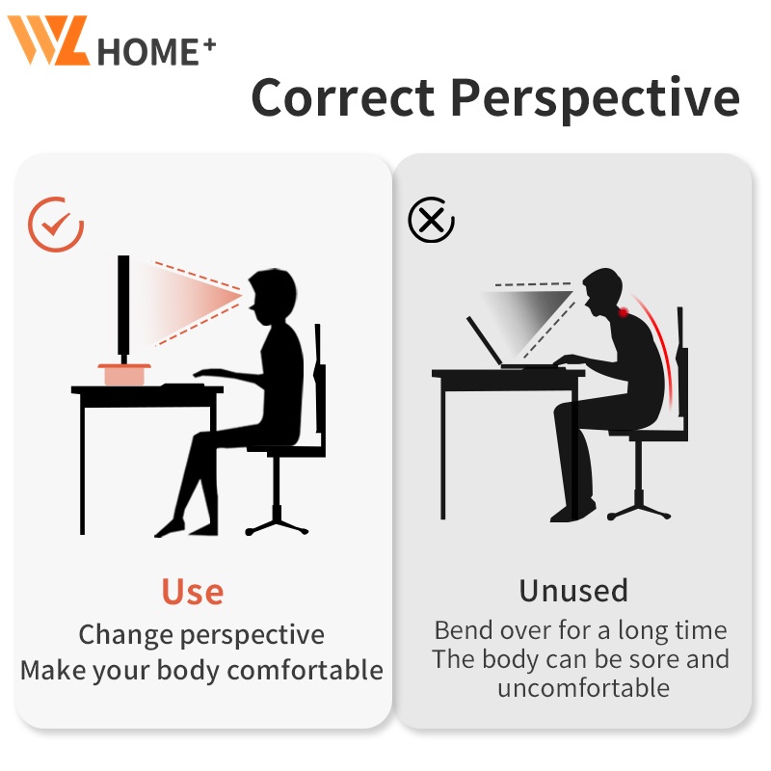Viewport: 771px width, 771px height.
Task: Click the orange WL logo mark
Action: coord(48,40)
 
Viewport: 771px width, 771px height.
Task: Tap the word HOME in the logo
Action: coord(147,52)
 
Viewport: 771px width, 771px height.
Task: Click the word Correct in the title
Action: coord(343,97)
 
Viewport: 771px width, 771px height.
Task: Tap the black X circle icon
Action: coord(431,220)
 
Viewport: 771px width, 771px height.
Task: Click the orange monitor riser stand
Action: coord(124,375)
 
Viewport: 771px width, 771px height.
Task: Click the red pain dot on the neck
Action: coord(623,311)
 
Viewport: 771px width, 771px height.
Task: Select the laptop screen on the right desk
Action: coord(485,340)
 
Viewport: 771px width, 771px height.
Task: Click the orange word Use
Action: coord(192,592)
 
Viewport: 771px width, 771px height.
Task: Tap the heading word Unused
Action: coord(573,591)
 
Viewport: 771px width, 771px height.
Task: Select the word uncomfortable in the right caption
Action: coord(583,687)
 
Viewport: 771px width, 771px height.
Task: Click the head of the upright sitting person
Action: coord(272,297)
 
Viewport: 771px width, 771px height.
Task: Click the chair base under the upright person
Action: coord(277,521)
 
